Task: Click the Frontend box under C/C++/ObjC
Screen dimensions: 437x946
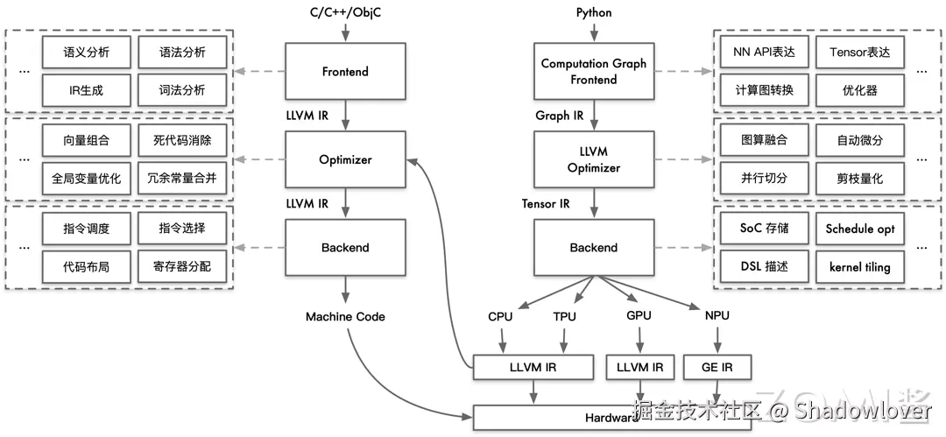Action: pos(345,71)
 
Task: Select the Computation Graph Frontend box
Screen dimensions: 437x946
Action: pos(593,71)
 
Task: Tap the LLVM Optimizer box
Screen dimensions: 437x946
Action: pos(593,159)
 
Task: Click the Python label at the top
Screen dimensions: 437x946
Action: pos(594,12)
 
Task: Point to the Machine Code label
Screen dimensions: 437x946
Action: pos(345,316)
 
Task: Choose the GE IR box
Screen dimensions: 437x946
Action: pos(716,368)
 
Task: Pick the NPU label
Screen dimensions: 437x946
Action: pos(716,315)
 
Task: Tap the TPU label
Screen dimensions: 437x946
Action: pos(565,316)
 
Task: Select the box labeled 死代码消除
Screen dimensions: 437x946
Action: pos(182,140)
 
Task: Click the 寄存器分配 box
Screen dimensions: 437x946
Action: pos(182,266)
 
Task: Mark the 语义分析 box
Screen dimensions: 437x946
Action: pos(86,52)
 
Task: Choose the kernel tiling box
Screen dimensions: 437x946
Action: pos(860,266)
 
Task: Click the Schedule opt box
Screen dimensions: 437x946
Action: pos(860,229)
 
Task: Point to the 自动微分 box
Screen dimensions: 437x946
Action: pos(860,140)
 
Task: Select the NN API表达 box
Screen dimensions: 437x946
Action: pos(764,52)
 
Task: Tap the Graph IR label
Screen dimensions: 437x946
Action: pos(560,116)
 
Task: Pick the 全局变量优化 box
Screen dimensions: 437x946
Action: pos(86,178)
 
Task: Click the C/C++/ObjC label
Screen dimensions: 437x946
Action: pos(345,12)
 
